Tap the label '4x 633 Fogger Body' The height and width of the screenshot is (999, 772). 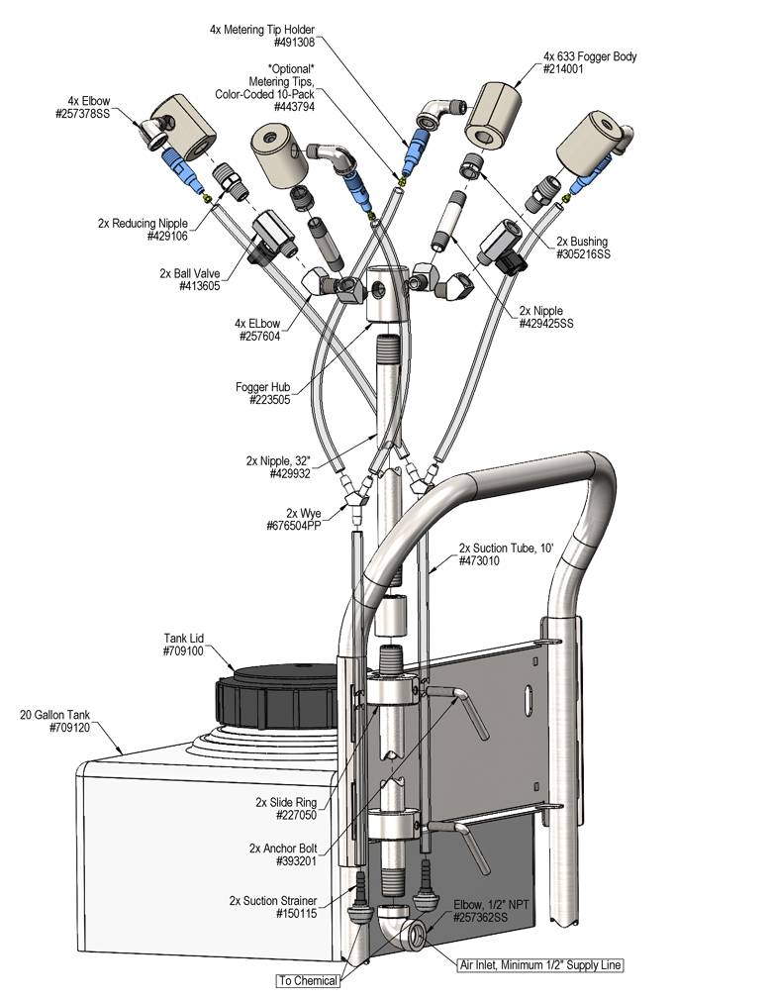pos(589,56)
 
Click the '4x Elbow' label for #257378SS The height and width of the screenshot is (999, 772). pos(88,101)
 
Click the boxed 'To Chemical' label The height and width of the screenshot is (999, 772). pos(307,980)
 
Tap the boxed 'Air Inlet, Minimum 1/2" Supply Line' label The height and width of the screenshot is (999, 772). pos(540,964)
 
